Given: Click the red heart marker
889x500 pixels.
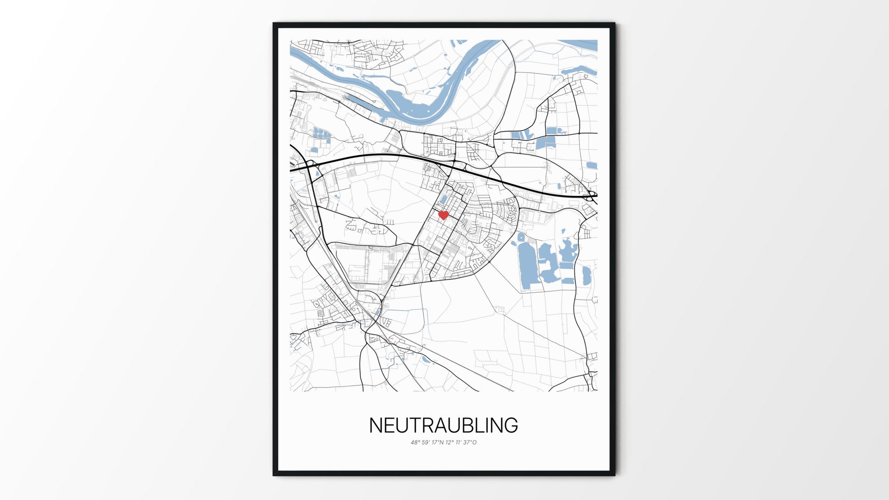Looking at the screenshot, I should [444, 215].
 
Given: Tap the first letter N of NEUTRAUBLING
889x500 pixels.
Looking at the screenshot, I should [376, 425].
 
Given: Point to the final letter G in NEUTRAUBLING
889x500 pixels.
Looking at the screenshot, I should [511, 425].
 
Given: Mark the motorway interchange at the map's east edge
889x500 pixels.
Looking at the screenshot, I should [591, 196].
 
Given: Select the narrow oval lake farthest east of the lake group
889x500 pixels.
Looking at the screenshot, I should [587, 275].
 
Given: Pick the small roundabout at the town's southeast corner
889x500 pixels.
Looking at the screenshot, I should [489, 262].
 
